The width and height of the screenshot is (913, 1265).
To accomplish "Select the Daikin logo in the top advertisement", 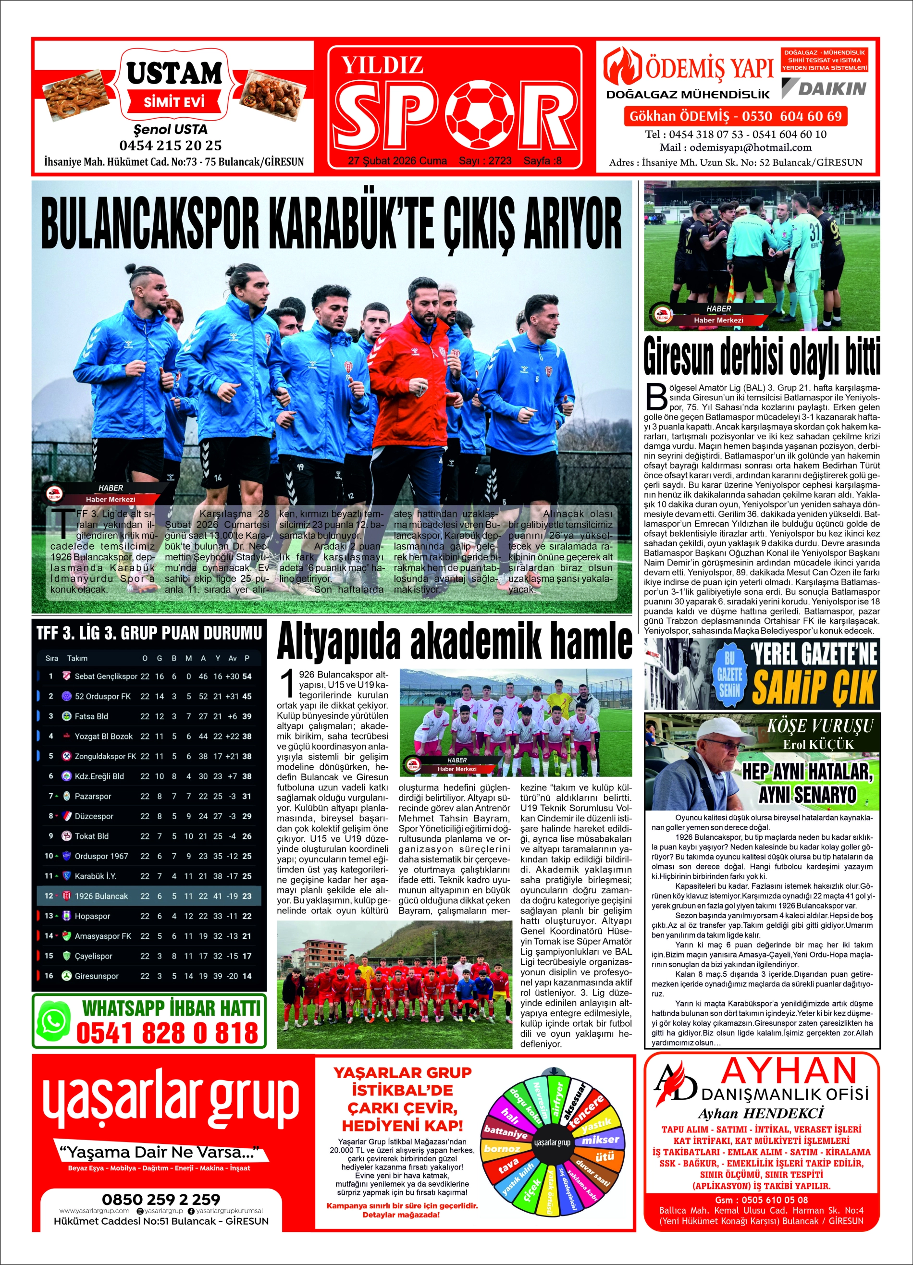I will tap(824, 88).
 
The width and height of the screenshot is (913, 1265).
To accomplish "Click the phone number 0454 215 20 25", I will tap(170, 146).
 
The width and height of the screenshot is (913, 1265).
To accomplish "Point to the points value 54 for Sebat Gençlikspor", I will tap(247, 676).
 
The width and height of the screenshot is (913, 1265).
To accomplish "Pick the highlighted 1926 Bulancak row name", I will tap(101, 896).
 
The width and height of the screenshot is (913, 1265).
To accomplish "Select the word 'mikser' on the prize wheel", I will tap(600, 1140).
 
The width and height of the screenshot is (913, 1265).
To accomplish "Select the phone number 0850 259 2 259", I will tap(160, 1199).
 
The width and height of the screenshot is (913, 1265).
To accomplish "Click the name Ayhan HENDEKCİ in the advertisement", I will tap(760, 1114).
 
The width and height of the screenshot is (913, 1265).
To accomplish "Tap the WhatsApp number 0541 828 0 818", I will tap(167, 1033).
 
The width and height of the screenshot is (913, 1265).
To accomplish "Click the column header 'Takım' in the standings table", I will tap(77, 658).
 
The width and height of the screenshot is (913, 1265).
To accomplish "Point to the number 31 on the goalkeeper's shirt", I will tap(815, 232).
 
